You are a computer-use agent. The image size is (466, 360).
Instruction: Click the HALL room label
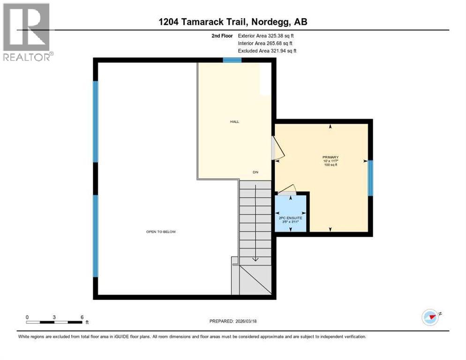click(x=234, y=121)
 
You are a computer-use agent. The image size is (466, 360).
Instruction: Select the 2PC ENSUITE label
click(x=290, y=218)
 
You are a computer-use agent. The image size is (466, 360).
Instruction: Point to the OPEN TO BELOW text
click(x=161, y=232)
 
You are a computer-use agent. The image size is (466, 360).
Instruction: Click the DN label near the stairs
click(x=256, y=172)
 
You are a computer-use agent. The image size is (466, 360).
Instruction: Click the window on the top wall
click(x=232, y=60)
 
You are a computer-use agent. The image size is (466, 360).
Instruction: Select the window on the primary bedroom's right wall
click(x=370, y=178)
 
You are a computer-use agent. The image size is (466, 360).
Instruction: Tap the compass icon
click(x=430, y=317)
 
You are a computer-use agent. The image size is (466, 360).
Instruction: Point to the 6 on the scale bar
click(x=82, y=317)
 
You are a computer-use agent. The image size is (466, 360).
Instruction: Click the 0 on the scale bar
click(x=27, y=317)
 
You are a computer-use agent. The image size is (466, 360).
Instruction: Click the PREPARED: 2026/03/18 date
click(x=233, y=321)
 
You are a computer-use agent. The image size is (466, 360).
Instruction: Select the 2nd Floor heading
click(x=222, y=35)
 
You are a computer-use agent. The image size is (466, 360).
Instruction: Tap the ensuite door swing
click(x=287, y=188)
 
